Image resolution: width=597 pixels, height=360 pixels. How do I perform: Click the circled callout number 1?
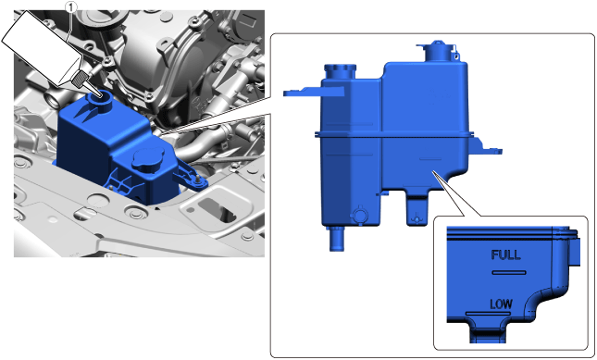pyautogui.click(x=71, y=6)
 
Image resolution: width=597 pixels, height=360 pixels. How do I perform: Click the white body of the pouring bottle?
pyautogui.click(x=41, y=45)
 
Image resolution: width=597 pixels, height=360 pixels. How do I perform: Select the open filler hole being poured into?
pyautogui.click(x=101, y=95)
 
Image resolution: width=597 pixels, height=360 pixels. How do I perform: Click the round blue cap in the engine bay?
pyautogui.click(x=148, y=159)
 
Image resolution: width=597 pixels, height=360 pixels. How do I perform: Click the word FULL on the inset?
pyautogui.click(x=505, y=255)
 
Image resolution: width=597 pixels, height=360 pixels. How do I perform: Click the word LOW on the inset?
pyautogui.click(x=501, y=304)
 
